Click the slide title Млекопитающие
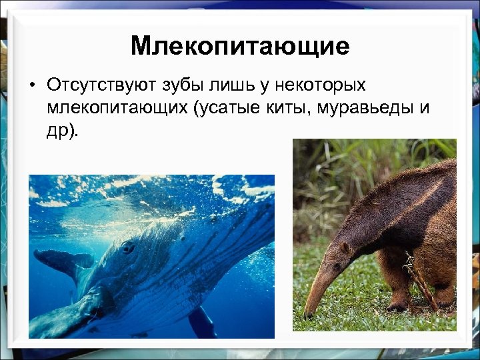pyautogui.click(x=240, y=46)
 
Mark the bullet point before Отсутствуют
pyautogui.click(x=31, y=86)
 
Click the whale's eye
pyautogui.click(x=127, y=248)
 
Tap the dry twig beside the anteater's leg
pyautogui.click(x=419, y=280)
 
